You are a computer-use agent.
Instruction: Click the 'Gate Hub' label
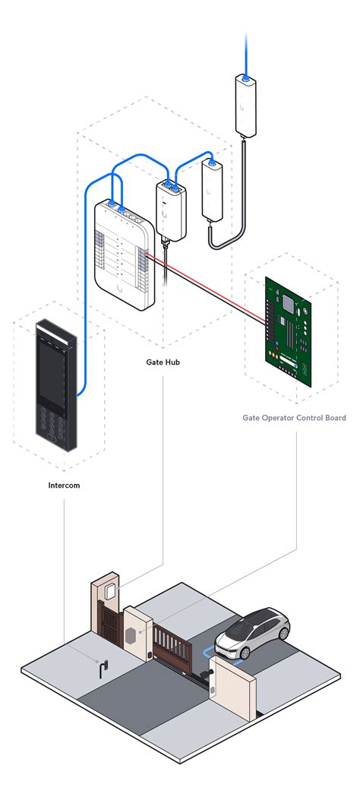[163, 362]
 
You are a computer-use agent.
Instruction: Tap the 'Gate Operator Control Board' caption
[294, 418]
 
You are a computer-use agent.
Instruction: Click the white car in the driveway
[252, 633]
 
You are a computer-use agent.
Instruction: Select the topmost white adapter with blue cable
[245, 106]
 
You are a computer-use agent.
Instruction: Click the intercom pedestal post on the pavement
[102, 669]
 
